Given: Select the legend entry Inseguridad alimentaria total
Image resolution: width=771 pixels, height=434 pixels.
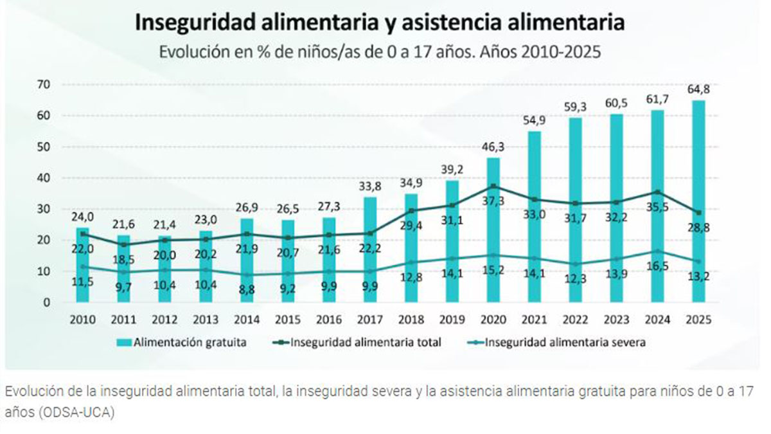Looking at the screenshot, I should click(366, 343).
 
